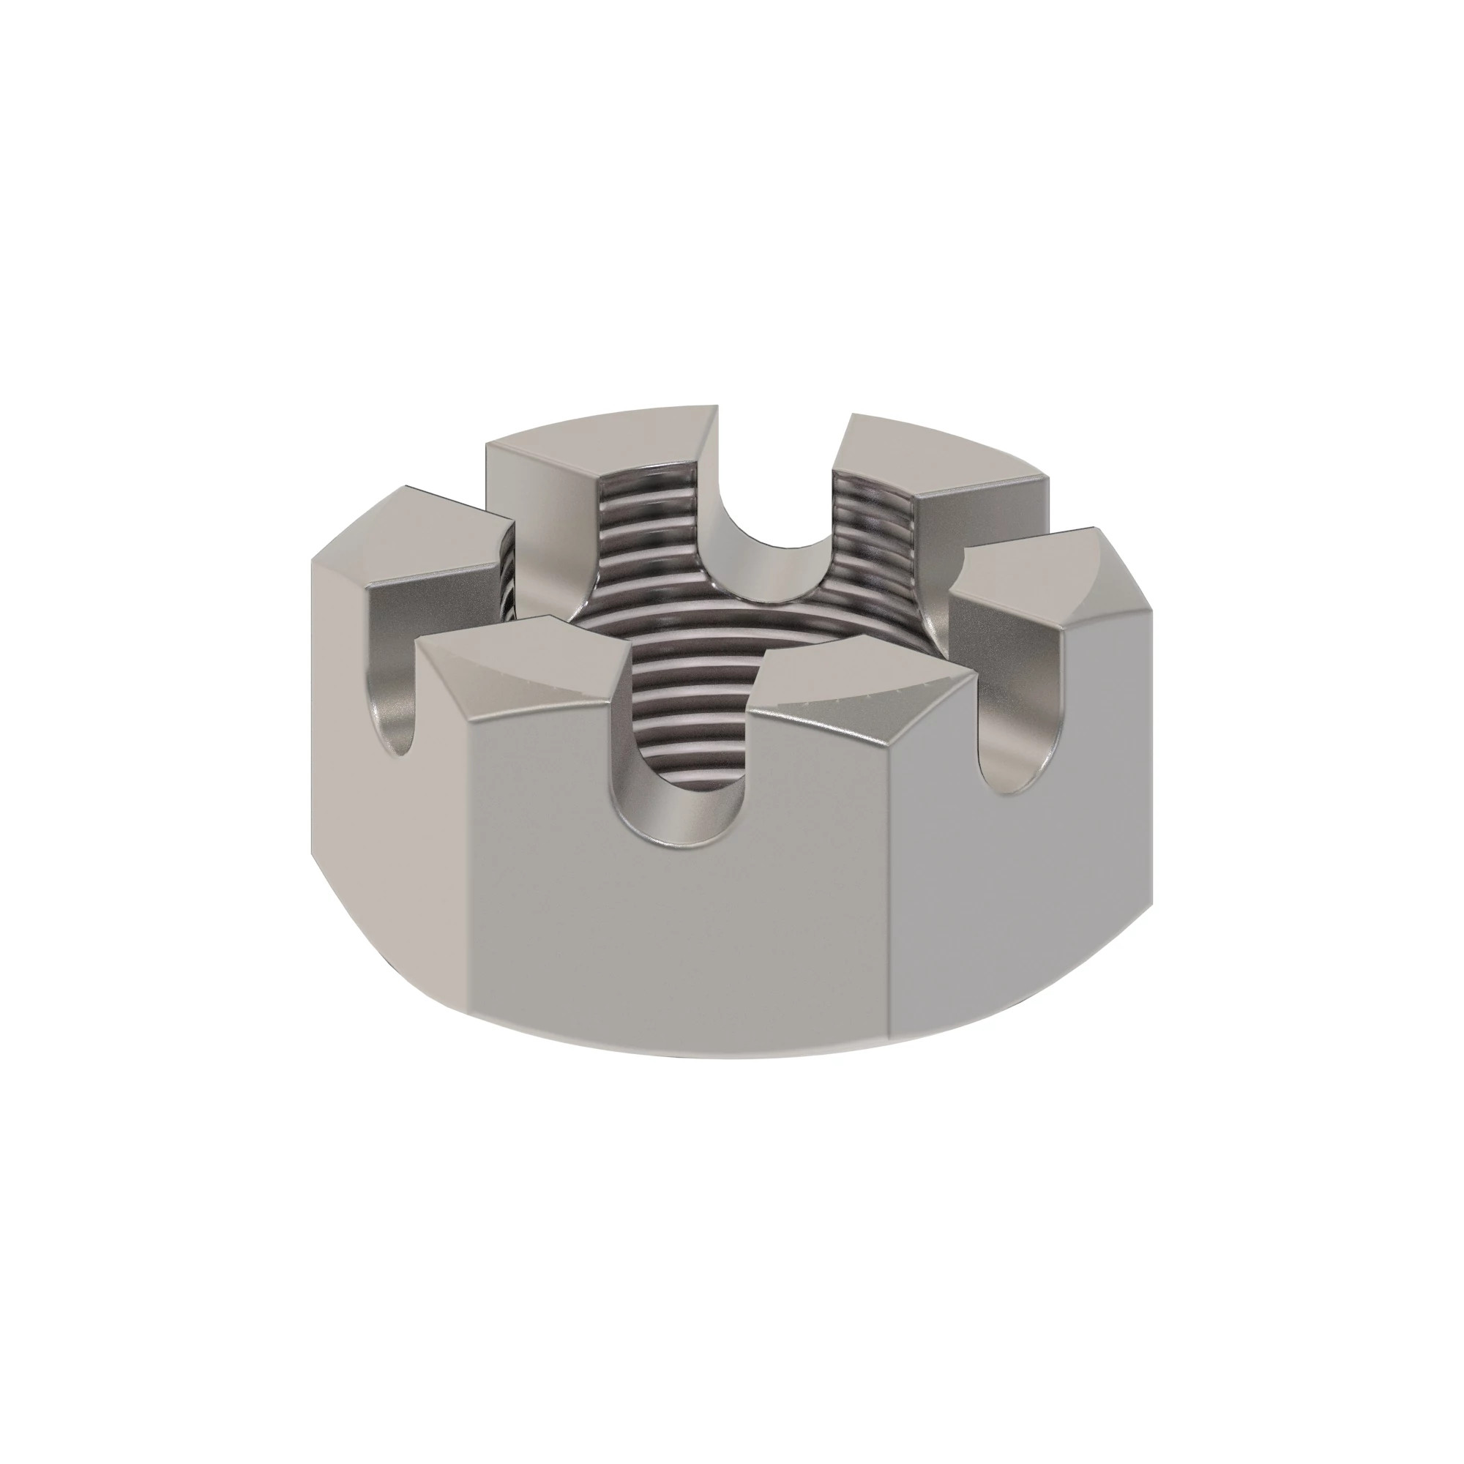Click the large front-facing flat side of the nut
point(682,940)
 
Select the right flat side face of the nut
point(1015,909)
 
